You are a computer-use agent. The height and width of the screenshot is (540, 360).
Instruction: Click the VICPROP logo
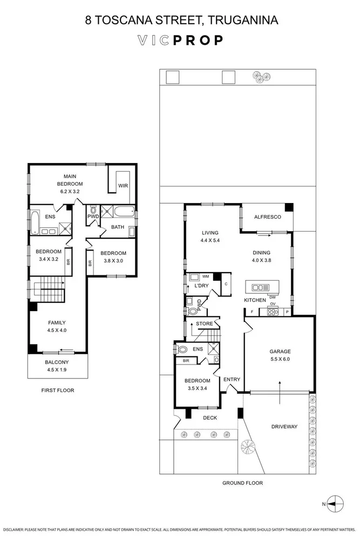coord(180,40)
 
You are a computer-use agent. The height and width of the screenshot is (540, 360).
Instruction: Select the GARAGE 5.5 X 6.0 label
coord(280,355)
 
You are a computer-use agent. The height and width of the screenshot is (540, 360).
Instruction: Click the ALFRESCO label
coord(268,217)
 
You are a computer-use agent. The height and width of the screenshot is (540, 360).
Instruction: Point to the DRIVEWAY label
coord(284,427)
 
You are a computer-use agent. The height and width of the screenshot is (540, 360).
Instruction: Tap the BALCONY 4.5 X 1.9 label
coord(56,366)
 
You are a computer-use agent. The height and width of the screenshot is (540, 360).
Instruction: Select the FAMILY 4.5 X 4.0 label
coord(56,326)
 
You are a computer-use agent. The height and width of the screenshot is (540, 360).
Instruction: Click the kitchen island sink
coord(262,287)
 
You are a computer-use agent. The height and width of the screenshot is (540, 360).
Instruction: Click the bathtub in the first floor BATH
coord(125,212)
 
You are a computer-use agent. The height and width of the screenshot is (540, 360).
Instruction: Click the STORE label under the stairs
coord(205,324)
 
